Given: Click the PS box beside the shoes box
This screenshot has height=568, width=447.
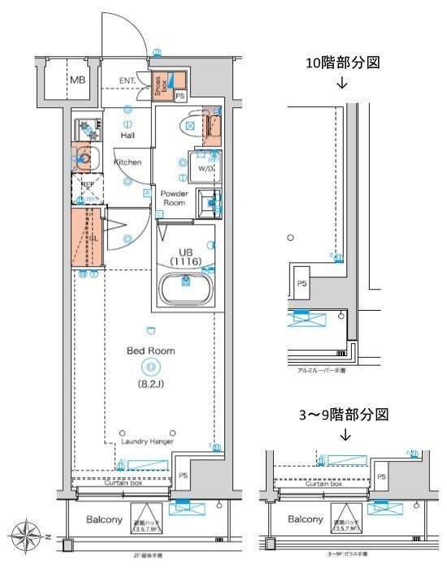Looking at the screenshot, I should pos(180,96).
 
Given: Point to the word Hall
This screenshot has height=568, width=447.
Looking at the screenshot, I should pos(128,136).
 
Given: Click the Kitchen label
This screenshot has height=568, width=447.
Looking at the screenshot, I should pos(127,162).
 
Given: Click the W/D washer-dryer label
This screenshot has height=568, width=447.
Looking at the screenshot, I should pos(206,169).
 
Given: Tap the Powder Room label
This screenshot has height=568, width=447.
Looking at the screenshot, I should pos(174,198).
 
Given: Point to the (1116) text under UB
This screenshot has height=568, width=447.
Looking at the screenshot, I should pos(185,263).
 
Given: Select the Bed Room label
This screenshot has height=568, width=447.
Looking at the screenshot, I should pos(150,351).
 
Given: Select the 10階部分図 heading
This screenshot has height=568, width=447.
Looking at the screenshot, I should pos(341,63).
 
